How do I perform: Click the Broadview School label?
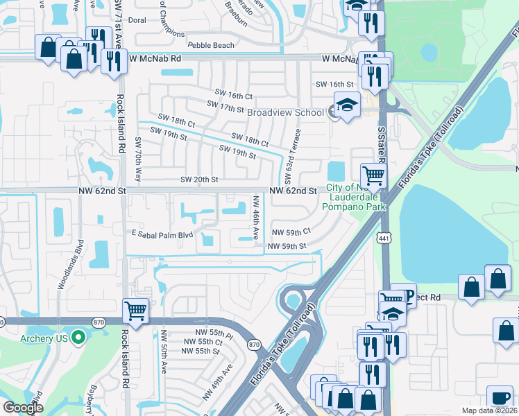coord(285,112)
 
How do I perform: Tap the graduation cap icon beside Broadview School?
coord(347,105)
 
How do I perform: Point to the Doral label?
coord(137,20)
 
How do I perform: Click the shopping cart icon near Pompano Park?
coord(373,176)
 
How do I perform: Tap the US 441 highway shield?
coord(383,239)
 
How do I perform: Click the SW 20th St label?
coord(199,180)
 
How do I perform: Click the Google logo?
coord(23,408)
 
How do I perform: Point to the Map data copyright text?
coord(489,411)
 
